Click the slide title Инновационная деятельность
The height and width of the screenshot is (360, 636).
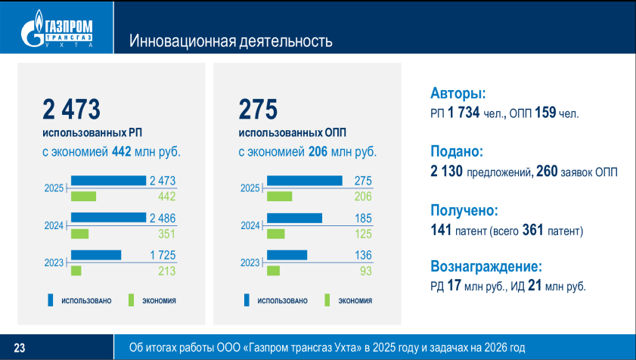(x=231, y=40)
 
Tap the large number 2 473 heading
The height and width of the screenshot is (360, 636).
(x=72, y=110)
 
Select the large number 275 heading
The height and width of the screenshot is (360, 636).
(x=259, y=110)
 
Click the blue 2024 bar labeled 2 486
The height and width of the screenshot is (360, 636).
(x=108, y=218)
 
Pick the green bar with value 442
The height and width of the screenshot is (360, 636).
(x=83, y=197)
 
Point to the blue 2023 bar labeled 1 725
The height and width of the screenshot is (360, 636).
(x=96, y=254)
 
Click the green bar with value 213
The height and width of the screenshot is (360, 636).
(x=76, y=270)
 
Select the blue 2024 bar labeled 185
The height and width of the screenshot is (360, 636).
(x=294, y=218)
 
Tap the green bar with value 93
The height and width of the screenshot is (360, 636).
(x=273, y=270)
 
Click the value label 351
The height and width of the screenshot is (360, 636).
(x=166, y=234)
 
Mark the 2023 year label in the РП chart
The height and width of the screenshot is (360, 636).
(x=54, y=262)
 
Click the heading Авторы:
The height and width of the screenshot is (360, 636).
(x=458, y=94)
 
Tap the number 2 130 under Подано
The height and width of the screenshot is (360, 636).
(x=446, y=172)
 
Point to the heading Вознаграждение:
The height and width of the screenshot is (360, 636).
(x=486, y=266)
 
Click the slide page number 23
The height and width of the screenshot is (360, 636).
(x=20, y=348)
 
